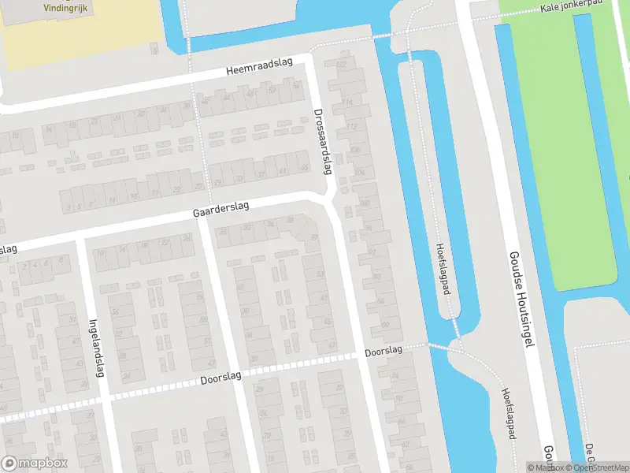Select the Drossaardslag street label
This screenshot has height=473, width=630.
coord(323,142)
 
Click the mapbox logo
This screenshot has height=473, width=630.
coord(35,464)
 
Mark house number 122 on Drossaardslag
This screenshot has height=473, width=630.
coord(341,63)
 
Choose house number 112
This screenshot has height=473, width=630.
coord(351,126)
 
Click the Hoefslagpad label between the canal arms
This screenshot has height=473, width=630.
coord(443,268)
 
